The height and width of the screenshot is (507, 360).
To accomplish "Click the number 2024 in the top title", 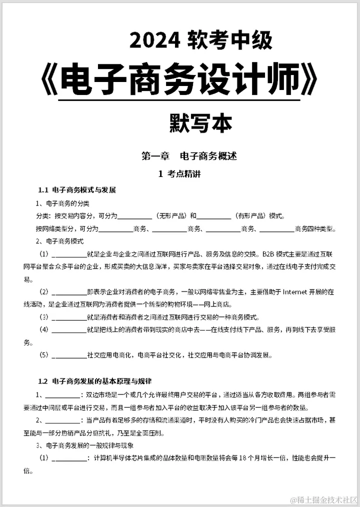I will click(x=155, y=40).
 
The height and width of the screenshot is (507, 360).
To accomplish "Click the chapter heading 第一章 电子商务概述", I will click(x=188, y=156).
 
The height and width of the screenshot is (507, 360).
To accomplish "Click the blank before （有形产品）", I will click(x=213, y=216).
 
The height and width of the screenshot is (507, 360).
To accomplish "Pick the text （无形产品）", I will click(x=170, y=216).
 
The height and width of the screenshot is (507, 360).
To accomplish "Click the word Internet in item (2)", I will click(x=299, y=292).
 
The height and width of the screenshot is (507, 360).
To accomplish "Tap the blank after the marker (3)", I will click(x=69, y=317).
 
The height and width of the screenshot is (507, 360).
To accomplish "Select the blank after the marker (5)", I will click(x=69, y=355).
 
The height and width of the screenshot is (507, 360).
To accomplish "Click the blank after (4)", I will click(x=69, y=330).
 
